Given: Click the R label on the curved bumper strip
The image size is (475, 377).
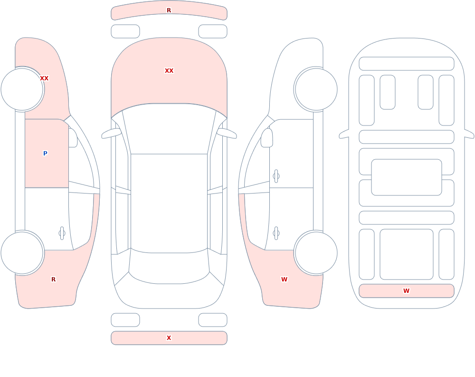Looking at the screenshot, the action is pos(169,10).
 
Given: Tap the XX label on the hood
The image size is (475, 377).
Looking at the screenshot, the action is pos(169,71).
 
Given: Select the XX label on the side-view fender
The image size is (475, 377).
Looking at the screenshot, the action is pos(44,78).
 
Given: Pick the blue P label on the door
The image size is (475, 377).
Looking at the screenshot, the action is pos(45,153).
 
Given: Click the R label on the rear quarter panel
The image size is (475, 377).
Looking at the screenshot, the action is pos(53,280).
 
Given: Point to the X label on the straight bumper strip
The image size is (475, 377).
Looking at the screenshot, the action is pos(169,338).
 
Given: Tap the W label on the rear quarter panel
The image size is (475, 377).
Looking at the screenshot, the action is pos(284,280).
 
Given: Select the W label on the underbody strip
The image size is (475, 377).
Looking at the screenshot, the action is pos(406,291).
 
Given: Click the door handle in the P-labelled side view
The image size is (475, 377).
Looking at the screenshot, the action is pos(62,233).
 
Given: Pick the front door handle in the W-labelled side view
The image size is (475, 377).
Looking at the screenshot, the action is pos(276,176).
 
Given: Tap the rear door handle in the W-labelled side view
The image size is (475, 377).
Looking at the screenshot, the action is pos(276,233).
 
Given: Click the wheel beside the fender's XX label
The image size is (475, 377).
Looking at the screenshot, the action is pos(22,89).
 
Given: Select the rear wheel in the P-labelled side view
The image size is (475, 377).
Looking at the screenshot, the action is pos(22,252).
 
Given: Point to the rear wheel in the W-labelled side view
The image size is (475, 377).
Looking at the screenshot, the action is pos(316,252).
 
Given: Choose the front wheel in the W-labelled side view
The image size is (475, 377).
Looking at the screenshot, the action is pos(316,89).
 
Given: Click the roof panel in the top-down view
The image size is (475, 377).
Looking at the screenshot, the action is pos(169,203).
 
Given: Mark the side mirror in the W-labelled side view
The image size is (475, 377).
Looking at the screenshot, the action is pos(266,138).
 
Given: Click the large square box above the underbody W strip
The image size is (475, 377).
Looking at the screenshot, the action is pos(406,254).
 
